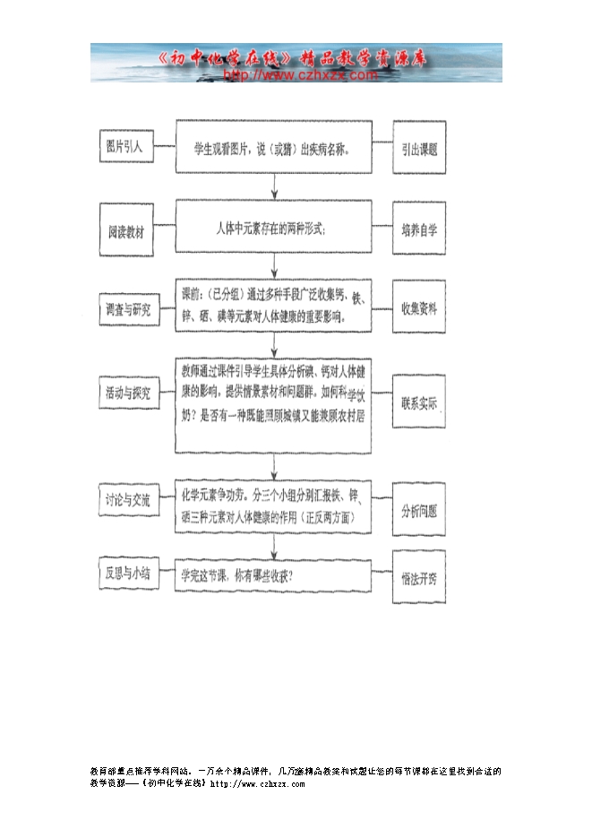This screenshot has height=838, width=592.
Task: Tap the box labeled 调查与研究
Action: click(129, 309)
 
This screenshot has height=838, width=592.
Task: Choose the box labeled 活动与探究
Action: click(129, 393)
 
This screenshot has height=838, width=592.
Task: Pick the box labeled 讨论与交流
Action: click(129, 498)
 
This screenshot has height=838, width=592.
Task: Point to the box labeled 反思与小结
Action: click(129, 573)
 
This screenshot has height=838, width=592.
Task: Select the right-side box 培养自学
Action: click(419, 229)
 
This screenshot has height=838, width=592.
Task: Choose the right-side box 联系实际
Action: click(419, 404)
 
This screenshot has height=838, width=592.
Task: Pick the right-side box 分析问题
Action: click(419, 511)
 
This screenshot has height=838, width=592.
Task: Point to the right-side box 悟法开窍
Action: click(419, 578)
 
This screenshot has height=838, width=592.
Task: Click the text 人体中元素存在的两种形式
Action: click(271, 229)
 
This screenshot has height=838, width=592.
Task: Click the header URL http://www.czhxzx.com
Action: click(299, 75)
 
